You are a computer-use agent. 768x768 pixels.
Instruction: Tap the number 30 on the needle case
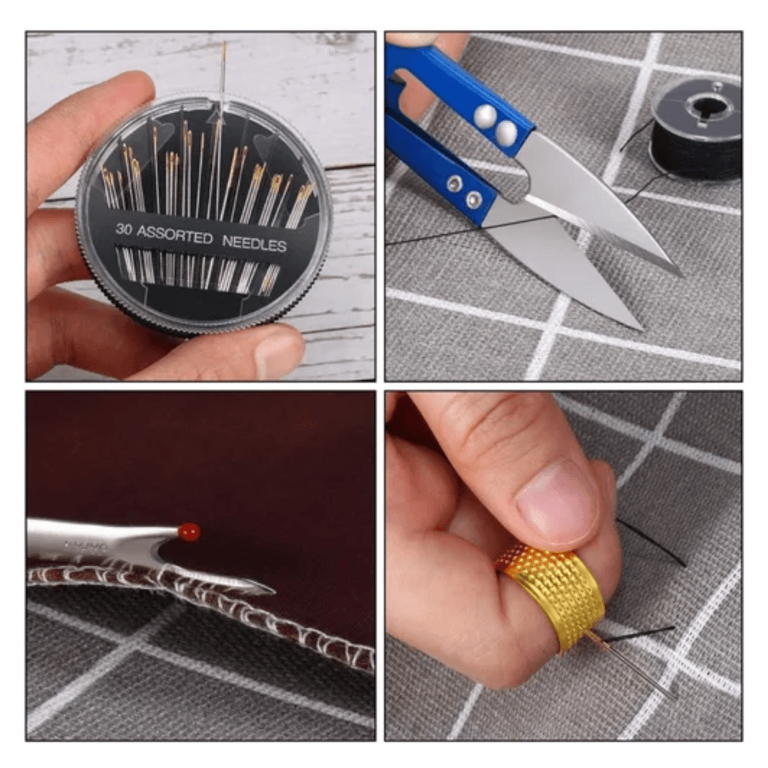pos(125,228)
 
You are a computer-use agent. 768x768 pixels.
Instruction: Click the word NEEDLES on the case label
pos(254,244)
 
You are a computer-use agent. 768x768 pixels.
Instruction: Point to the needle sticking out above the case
pos(223,73)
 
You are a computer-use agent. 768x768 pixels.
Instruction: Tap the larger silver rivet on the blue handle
pos(485,117)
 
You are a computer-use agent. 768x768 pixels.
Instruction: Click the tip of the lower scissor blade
pos(640,327)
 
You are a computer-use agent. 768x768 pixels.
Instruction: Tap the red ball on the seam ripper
pos(188,530)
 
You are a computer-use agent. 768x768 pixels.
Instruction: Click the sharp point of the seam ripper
pos(270,591)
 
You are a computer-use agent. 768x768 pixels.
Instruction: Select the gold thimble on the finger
pos(547,595)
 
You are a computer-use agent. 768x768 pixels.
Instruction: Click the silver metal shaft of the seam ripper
pos(92,538)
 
